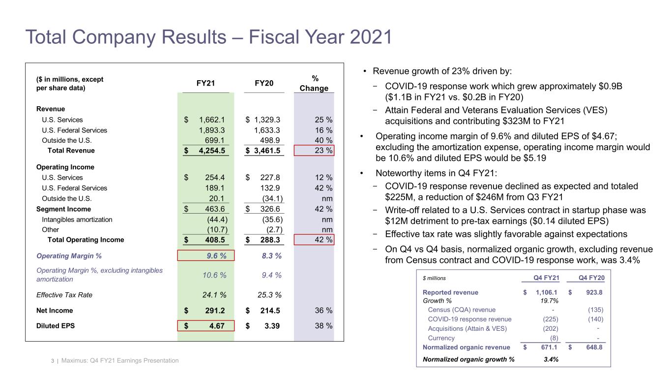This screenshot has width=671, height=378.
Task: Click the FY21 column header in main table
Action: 205,83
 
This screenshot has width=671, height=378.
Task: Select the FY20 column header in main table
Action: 264,83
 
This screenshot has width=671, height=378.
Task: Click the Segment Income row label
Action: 57,209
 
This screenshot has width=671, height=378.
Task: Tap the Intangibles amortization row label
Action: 77,220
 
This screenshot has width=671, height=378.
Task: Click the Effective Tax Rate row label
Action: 64,295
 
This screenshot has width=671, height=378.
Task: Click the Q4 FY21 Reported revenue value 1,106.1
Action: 544,292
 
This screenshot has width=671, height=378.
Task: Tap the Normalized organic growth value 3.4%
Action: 551,359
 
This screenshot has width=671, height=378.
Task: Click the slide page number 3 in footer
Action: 52,361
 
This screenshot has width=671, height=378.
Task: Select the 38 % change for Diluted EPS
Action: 323,326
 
